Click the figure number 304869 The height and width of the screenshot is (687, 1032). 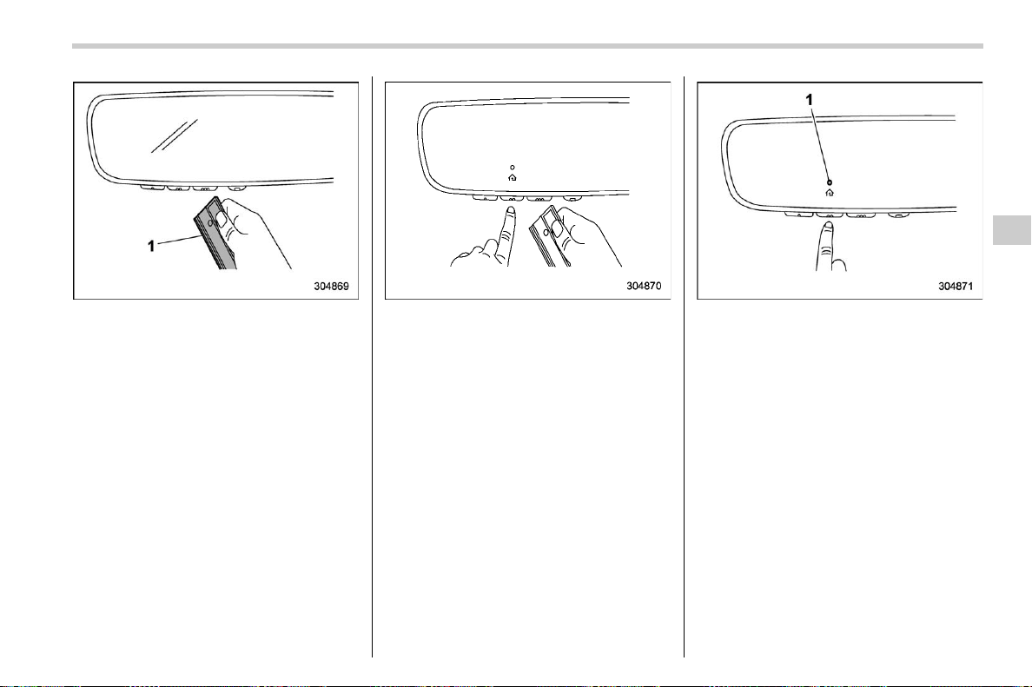pos(331,287)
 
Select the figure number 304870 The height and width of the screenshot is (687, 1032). pos(644,287)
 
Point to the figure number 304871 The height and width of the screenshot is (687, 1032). pos(956,287)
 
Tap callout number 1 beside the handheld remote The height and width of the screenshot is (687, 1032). pos(151,246)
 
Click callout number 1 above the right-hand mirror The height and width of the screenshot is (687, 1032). pos(810,99)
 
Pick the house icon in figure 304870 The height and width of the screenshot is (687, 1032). pos(513,178)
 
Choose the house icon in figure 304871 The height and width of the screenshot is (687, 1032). pos(830,193)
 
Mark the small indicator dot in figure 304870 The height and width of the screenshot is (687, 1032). pos(513,167)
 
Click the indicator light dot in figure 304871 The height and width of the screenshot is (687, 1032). pos(830,182)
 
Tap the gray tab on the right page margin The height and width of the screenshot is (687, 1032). pos(1012,230)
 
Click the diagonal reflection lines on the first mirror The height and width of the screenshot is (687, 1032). pos(175,136)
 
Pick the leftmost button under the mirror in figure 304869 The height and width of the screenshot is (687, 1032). pos(152,188)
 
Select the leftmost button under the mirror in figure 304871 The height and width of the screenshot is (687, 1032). pos(798,214)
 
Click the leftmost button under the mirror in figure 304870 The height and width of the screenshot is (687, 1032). pos(485,196)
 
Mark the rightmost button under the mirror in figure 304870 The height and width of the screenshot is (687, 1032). pos(572,197)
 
